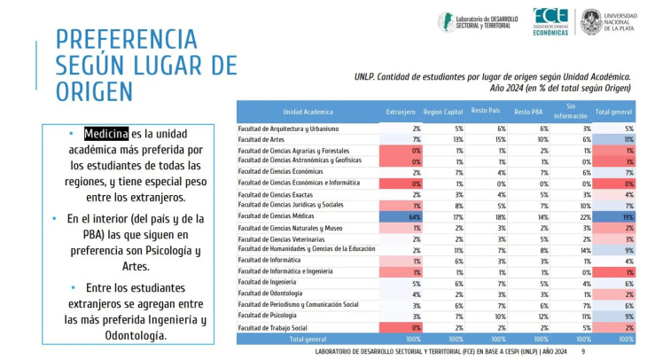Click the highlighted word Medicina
tap(106, 134)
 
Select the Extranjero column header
tap(400, 112)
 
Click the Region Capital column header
tap(444, 112)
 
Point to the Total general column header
tap(613, 112)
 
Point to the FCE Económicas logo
tap(550, 21)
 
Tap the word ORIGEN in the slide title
tap(94, 90)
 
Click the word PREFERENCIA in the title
tap(126, 39)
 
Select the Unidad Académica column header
tap(308, 112)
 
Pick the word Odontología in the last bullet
tap(132, 336)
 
